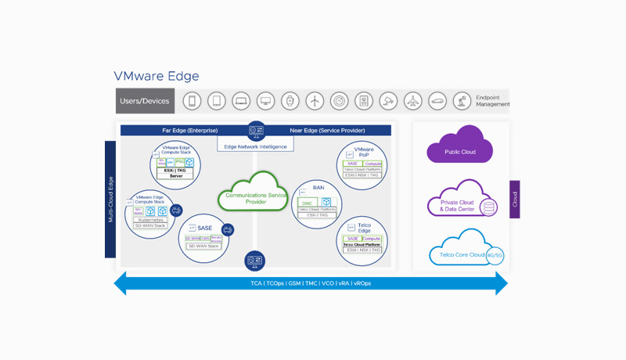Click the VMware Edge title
click(156, 77)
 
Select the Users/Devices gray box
click(146, 101)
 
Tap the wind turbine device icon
click(314, 101)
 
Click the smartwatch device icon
click(290, 101)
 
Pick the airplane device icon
click(412, 101)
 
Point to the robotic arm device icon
click(461, 101)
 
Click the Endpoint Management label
click(492, 100)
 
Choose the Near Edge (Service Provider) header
click(327, 131)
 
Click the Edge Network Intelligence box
click(255, 146)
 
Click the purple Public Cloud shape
click(459, 147)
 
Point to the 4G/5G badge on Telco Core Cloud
click(495, 255)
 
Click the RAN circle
click(317, 203)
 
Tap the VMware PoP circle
click(362, 165)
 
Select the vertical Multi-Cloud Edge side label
click(110, 200)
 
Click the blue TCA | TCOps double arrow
click(311, 283)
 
